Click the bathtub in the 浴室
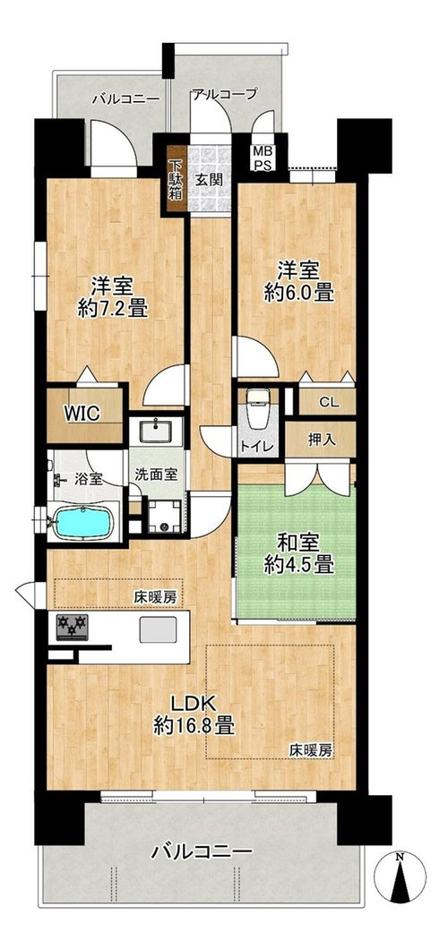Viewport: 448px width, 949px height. coord(84,521)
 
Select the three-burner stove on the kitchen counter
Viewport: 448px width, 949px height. coord(72,627)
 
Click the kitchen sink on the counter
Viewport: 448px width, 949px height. coord(158,629)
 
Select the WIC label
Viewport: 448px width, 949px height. coord(82,414)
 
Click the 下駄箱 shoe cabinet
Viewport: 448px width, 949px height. coord(176,180)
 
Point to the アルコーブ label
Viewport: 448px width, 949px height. coord(225,94)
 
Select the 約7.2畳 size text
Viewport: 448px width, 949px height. coord(113,309)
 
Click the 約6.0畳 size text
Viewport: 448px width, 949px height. coord(299,294)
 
